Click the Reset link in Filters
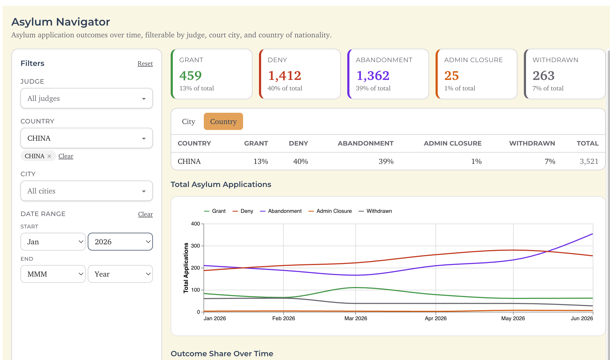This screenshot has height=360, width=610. (x=145, y=63)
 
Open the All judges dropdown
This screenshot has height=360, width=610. (x=87, y=98)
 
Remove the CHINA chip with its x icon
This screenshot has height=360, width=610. (x=49, y=156)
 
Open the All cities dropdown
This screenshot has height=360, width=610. (x=87, y=191)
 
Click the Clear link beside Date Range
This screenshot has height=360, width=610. (x=145, y=214)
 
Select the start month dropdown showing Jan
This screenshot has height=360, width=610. (x=53, y=242)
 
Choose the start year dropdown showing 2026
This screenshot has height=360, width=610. (x=120, y=242)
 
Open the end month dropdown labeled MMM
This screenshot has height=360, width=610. (x=53, y=274)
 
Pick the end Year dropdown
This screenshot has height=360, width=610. (x=120, y=274)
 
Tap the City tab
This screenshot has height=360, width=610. (x=188, y=122)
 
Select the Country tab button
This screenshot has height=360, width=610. (x=223, y=122)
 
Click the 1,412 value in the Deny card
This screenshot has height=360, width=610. (x=285, y=76)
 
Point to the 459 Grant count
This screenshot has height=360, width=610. (x=191, y=76)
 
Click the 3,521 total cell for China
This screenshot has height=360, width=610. (x=589, y=161)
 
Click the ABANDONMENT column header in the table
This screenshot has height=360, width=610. (x=366, y=143)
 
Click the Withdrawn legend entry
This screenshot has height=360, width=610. (x=375, y=211)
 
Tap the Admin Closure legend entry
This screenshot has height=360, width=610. (x=330, y=211)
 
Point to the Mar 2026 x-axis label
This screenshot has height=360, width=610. (x=356, y=318)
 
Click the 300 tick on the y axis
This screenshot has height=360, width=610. (x=195, y=246)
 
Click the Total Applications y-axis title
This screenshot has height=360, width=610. (x=186, y=268)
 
